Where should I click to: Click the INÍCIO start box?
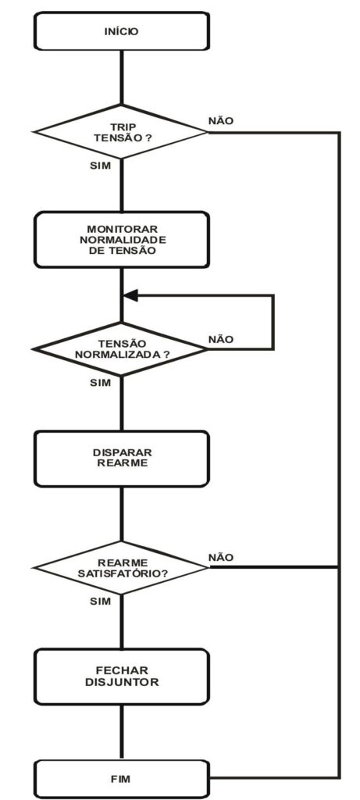121,31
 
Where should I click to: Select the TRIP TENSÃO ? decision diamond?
120,131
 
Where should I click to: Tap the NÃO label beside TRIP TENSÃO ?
221,121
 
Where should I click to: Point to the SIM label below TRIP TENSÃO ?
100,166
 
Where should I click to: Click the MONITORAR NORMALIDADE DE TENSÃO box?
121,239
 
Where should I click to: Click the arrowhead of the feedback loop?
130,295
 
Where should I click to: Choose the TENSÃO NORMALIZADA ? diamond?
120,349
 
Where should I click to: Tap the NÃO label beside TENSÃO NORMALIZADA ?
221,339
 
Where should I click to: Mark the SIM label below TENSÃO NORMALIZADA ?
100,383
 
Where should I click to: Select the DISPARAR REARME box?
121,458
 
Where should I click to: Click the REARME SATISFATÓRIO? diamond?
120,567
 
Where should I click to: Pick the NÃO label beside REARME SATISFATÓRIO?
221,557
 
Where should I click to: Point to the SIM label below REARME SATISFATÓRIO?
100,602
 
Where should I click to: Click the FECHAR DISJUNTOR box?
121,677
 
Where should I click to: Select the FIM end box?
121,779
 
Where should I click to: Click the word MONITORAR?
121,228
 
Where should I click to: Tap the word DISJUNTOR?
122,682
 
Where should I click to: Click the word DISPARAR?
123,452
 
